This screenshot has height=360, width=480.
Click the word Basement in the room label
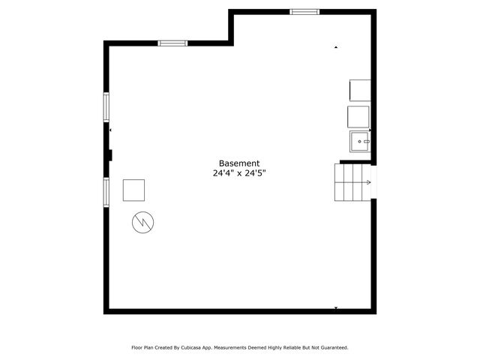pos(239,163)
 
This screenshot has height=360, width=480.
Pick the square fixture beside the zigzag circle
pos(134,190)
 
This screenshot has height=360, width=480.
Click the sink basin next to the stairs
pos(360,140)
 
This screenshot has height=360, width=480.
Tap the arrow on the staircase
pos(367,181)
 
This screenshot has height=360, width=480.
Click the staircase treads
pos(349,182)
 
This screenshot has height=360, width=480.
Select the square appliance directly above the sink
pos(358,116)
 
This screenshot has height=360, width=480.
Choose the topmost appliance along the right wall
pos(360,90)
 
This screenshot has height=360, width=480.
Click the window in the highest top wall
pos(304,11)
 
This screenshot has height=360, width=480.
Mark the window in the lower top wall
pos(172,43)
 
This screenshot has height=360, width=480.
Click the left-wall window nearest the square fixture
pos(106,190)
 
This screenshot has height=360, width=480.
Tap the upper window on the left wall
pos(106,106)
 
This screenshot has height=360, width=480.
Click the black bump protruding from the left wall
pos(110,155)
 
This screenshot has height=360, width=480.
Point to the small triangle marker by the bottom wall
pos(336,307)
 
